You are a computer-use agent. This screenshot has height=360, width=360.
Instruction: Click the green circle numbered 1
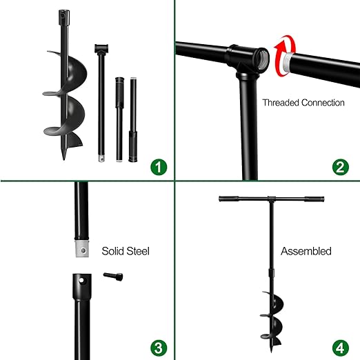pyautogui.click(x=159, y=166)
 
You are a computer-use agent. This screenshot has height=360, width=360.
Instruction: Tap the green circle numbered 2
pyautogui.click(x=338, y=166)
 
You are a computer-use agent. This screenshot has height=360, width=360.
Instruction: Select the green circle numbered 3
pyautogui.click(x=159, y=346)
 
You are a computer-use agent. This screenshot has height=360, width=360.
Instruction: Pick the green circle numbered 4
pyautogui.click(x=338, y=346)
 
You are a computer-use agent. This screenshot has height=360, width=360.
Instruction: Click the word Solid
pyautogui.click(x=114, y=251)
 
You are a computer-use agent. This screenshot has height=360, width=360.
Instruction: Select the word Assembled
pyautogui.click(x=306, y=251)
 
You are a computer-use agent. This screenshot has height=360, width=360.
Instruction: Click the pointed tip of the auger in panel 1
pyautogui.click(x=64, y=157)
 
